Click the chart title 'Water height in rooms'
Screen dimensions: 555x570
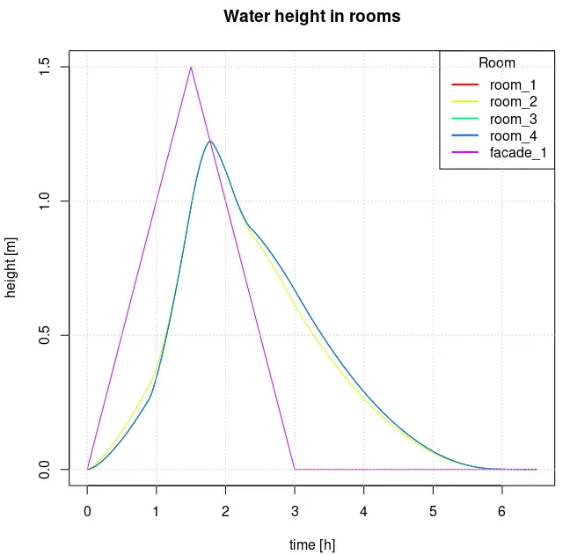[311, 17]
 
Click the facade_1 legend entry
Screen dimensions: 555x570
[517, 152]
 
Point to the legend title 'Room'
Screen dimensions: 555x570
[497, 63]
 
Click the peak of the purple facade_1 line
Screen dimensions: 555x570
[191, 67]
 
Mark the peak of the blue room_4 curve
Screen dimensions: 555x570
[209, 141]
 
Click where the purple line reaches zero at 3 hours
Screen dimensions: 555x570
[295, 469]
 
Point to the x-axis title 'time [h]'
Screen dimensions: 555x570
[311, 545]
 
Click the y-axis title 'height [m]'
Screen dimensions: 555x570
[11, 268]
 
